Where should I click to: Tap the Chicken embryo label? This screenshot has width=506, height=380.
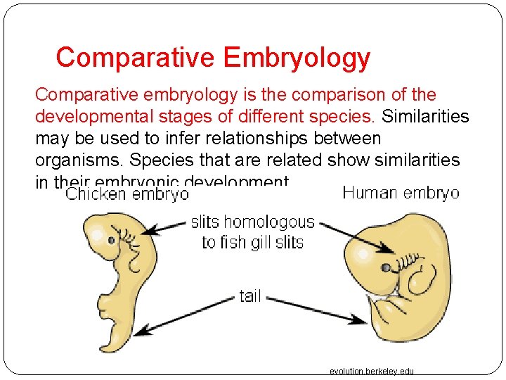pyautogui.click(x=127, y=194)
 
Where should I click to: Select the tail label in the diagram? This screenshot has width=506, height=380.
pyautogui.click(x=250, y=296)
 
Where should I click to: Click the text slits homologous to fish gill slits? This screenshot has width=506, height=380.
pyautogui.click(x=252, y=232)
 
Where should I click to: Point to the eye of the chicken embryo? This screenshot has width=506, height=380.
pyautogui.click(x=111, y=241)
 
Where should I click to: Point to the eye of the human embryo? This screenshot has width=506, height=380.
pyautogui.click(x=387, y=267)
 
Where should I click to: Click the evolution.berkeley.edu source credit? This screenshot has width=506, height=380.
pyautogui.click(x=372, y=371)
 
